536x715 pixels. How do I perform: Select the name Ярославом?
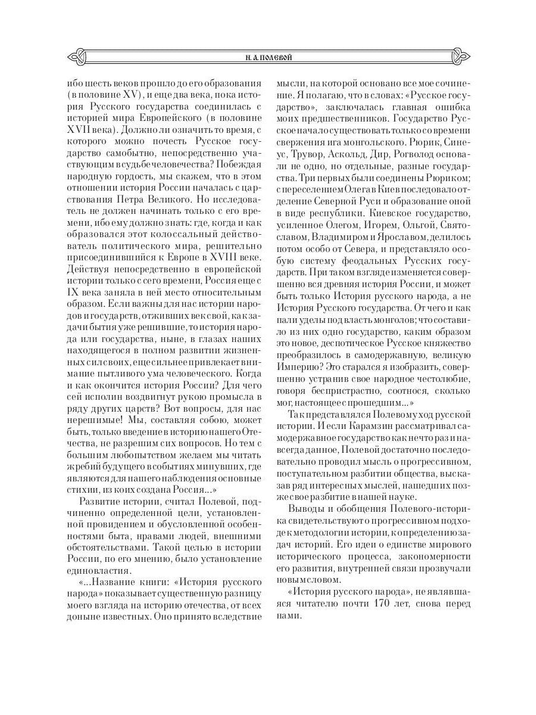[383, 236]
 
